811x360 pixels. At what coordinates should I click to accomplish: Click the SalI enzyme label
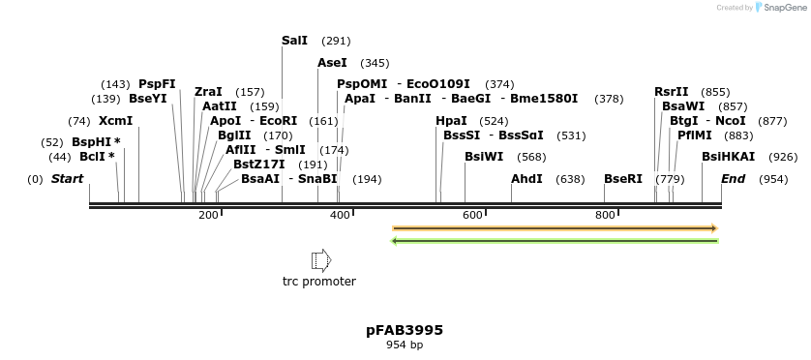(294, 41)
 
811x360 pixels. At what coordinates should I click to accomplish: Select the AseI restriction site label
(332, 63)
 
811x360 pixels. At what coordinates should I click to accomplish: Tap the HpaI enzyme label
(452, 121)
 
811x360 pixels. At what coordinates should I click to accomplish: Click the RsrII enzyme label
(672, 91)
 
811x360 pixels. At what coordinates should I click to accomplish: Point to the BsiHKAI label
(729, 157)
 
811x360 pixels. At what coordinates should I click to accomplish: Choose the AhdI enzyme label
(526, 179)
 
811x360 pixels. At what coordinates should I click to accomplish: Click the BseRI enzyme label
(623, 179)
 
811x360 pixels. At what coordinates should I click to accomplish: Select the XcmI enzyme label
(115, 121)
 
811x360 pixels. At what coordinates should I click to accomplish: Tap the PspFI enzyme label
(158, 84)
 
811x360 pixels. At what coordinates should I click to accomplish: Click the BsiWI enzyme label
(484, 157)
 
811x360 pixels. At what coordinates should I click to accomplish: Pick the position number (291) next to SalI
(336, 42)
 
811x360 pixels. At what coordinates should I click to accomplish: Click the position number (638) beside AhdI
(570, 179)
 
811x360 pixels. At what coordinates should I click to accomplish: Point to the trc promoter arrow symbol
(320, 260)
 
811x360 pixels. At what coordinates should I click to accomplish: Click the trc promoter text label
(319, 282)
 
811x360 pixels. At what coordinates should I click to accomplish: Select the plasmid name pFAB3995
(405, 330)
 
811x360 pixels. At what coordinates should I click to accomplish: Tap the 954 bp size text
(405, 345)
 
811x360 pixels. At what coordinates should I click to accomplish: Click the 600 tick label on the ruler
(472, 215)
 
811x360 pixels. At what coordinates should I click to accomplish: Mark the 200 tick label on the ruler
(208, 215)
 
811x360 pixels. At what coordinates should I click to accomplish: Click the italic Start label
(68, 179)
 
